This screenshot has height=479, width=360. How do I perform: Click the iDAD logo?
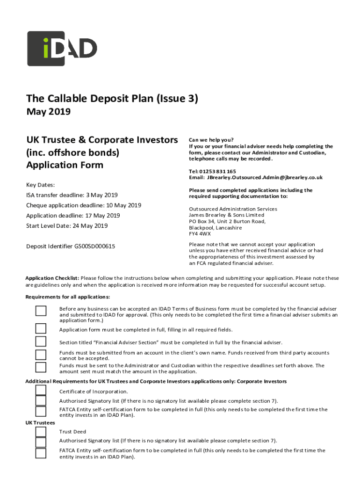coord(62,48)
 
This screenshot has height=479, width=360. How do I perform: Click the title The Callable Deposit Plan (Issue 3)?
coord(112,98)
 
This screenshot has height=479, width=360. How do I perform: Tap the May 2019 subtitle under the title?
coord(49,112)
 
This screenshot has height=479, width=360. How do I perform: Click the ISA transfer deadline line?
coord(72,195)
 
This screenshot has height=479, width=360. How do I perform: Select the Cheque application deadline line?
coord(84,205)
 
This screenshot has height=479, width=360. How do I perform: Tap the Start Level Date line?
coord(67,226)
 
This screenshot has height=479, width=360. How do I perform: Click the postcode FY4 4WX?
coord(200,233)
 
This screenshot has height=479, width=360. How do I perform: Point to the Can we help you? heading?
coord(211,139)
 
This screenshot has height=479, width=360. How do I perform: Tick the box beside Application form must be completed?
coord(41,328)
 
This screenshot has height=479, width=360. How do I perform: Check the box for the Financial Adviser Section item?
coord(41,341)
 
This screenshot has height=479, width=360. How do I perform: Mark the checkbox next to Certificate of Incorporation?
coord(41,390)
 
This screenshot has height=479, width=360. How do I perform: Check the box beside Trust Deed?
coord(41,431)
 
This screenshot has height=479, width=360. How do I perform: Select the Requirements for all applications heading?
coord(68,297)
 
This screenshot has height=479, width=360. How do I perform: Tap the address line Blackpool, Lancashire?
coord(215,227)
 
